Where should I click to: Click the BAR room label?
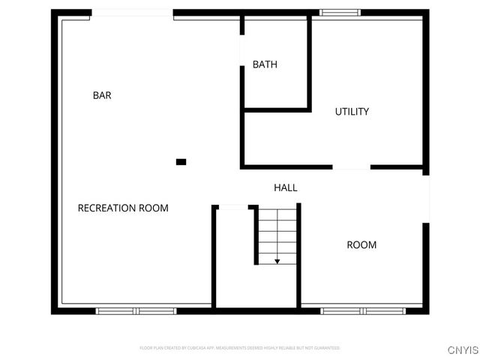pos(102,95)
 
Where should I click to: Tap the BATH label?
pos(265,64)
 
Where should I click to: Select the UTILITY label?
pos(352,112)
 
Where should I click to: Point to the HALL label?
pos(285,187)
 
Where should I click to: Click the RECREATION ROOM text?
pos(123,208)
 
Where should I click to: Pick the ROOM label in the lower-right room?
pos(361,244)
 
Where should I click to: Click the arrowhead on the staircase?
pos(277,261)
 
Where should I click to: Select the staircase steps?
pos(277,234)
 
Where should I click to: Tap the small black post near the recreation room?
pos(181,161)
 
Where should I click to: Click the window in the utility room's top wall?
pos(340,12)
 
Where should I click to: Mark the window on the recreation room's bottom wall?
pos(136,310)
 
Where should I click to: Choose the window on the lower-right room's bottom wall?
pos(362,310)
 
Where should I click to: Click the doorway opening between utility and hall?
pos(351,167)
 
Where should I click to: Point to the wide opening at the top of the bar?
pos(132,13)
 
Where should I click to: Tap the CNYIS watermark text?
pos(462,350)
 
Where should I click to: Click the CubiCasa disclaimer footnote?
pos(239,348)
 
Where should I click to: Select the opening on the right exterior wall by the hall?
pos(426,199)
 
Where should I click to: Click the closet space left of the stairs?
pos(234,259)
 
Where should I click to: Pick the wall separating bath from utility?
pos(309,64)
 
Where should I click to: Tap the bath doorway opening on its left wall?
pos(241,50)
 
